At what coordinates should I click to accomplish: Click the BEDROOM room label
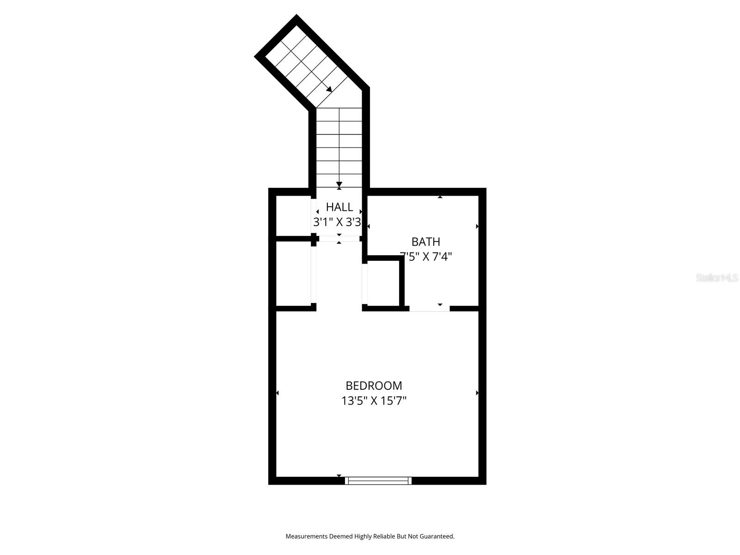(x=374, y=385)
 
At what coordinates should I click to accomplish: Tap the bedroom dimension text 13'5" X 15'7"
(x=374, y=401)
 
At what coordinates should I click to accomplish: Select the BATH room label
(x=425, y=241)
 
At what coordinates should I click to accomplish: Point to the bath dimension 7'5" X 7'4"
(x=425, y=256)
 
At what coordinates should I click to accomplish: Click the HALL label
(x=339, y=207)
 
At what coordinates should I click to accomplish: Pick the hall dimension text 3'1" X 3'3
(x=337, y=222)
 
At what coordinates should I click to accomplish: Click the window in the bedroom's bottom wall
(x=378, y=481)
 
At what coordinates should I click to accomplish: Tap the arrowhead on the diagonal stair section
(x=329, y=89)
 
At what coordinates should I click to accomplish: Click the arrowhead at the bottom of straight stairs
(x=339, y=184)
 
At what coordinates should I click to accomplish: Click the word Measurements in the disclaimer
(x=306, y=536)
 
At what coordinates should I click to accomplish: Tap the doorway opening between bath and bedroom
(x=429, y=308)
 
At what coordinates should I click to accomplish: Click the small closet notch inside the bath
(x=383, y=284)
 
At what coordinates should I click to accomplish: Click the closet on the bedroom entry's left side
(x=293, y=273)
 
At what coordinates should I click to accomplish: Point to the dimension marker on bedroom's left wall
(x=277, y=393)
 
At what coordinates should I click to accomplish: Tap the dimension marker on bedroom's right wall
(x=477, y=393)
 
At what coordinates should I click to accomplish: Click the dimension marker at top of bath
(x=440, y=197)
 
